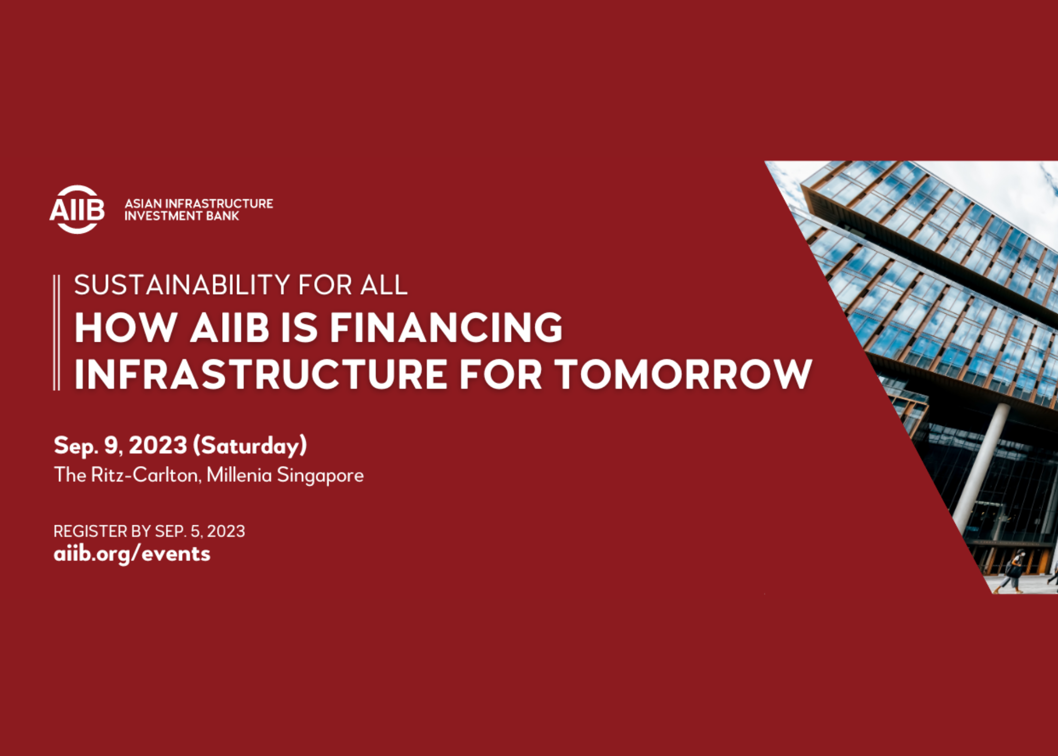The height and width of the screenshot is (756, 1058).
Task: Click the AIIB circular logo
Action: pyautogui.click(x=77, y=210)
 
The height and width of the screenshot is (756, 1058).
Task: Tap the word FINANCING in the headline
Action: pyautogui.click(x=446, y=327)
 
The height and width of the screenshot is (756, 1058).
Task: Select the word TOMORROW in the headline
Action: pyautogui.click(x=683, y=375)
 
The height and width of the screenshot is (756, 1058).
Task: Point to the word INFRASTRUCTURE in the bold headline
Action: pyautogui.click(x=260, y=375)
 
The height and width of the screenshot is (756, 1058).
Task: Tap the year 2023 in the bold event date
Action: pyautogui.click(x=158, y=445)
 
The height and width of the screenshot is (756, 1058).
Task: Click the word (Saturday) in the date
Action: pyautogui.click(x=250, y=445)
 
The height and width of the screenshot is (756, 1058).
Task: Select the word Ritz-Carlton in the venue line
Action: pyautogui.click(x=145, y=475)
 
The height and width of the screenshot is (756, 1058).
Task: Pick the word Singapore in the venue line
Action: pyautogui.click(x=320, y=475)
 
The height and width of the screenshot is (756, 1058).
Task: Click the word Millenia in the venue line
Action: pyautogui.click(x=239, y=475)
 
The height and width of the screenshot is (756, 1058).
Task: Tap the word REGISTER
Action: pyautogui.click(x=90, y=531)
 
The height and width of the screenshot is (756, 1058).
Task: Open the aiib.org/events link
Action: pyautogui.click(x=132, y=554)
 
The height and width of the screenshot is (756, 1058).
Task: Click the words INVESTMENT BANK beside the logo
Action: pyautogui.click(x=181, y=216)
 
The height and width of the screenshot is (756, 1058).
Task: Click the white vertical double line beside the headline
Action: pyautogui.click(x=57, y=332)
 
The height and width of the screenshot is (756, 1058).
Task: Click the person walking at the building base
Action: pyautogui.click(x=1014, y=571)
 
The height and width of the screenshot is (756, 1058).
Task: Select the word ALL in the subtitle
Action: pyautogui.click(x=384, y=285)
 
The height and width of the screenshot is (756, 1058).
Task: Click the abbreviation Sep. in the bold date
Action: pyautogui.click(x=76, y=445)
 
